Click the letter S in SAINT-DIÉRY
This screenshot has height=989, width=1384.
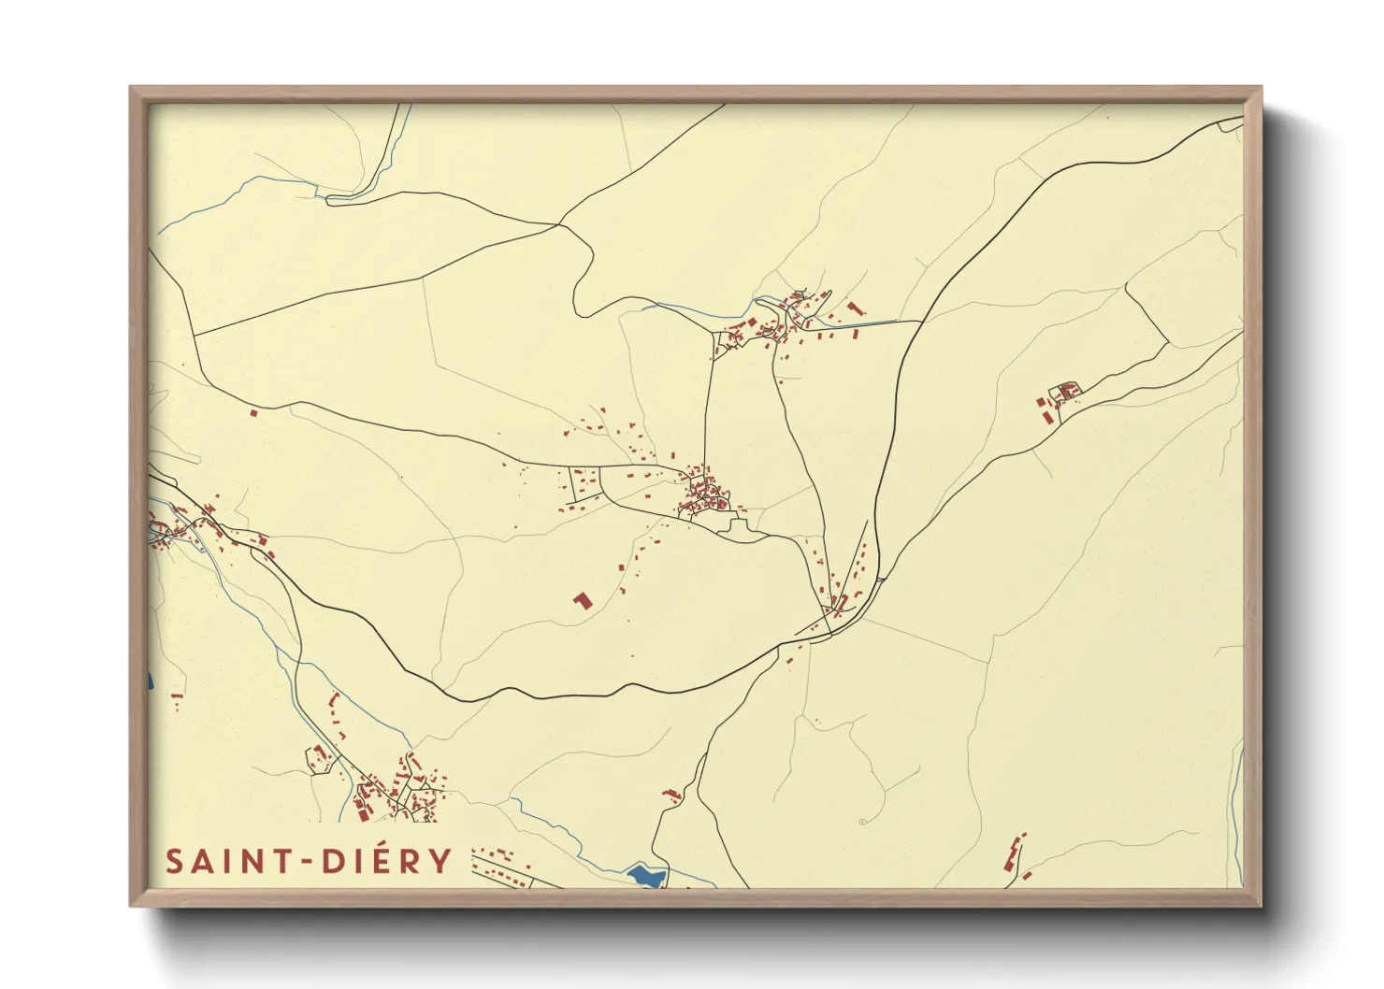point(175,861)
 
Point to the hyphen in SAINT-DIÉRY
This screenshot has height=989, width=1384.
point(305,862)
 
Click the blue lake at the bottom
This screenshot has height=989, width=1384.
point(647,876)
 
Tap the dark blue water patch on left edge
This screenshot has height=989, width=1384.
point(150,681)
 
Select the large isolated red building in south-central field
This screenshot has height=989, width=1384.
point(583,600)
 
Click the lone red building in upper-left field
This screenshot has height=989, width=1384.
point(252,410)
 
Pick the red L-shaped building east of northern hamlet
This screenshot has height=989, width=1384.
point(854,307)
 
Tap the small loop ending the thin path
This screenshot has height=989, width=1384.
point(861,822)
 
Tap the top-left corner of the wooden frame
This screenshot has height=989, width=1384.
point(133,90)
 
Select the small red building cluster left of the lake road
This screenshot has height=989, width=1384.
point(671,795)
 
